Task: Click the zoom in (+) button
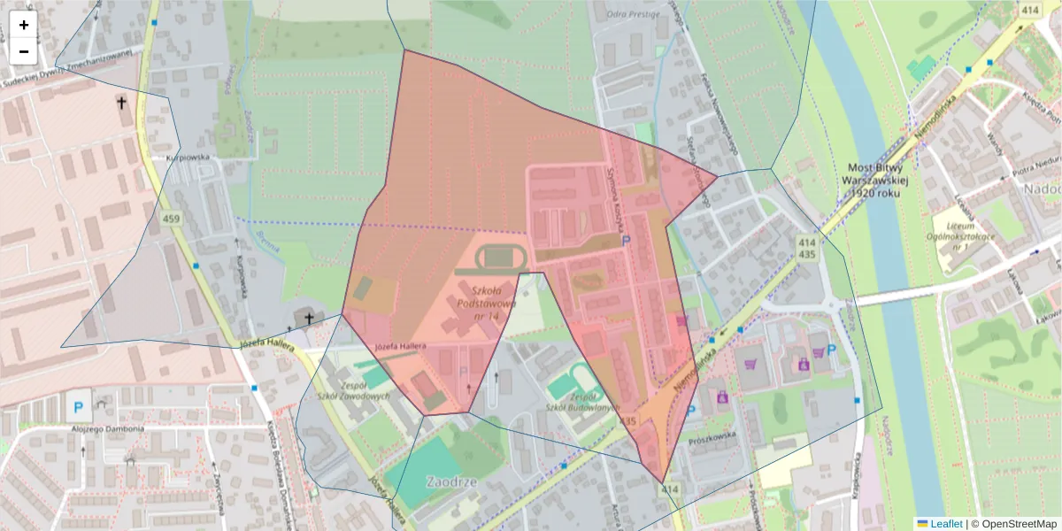24,25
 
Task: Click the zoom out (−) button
24,51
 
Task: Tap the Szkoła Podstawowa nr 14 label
486,303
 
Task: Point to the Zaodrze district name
451,482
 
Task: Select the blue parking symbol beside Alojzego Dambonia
78,409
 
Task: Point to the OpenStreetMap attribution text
1015,524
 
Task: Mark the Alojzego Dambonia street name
107,428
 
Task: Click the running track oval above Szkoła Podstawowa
502,258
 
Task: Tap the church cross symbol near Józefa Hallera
309,318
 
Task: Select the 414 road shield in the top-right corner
1029,10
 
